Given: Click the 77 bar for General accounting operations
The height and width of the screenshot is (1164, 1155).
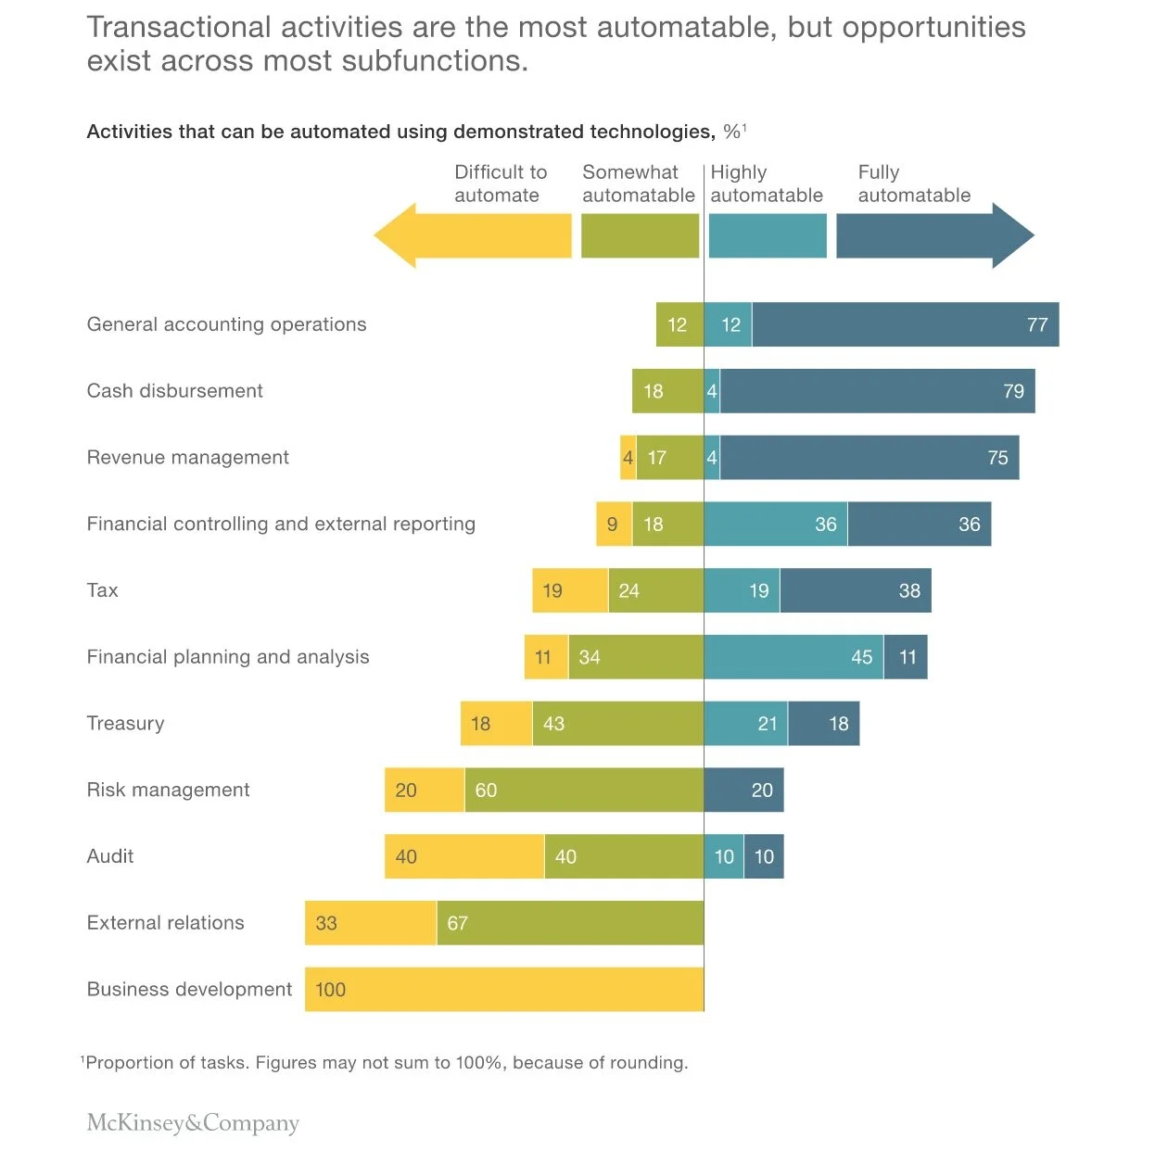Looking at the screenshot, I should coord(905,324).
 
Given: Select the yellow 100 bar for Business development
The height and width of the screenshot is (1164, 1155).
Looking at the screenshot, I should coord(504,989).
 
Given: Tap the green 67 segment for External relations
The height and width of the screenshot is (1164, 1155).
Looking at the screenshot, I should coord(570,923).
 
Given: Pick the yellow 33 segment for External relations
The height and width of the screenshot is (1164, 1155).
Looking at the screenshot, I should coord(371,923).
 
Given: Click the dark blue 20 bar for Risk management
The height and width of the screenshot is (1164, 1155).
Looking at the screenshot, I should coord(744,790).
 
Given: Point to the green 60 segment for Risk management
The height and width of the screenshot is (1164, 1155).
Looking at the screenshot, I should coord(584,790).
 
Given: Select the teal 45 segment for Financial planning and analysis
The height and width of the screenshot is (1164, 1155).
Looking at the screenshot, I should coord(793,657).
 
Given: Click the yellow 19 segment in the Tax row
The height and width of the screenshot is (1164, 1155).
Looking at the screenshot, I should coord(570,590).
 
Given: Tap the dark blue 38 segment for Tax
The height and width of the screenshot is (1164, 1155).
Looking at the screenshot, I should coord(856,590).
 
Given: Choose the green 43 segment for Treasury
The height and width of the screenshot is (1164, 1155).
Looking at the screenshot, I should coord(618,724).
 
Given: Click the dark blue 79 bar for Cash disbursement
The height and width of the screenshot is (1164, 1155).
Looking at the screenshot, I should coord(877,391).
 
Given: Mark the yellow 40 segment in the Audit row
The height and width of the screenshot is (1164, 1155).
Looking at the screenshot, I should coord(464,856).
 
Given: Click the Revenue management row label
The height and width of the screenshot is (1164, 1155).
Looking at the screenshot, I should coord(188,458).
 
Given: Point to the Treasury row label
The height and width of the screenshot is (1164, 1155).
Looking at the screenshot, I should coord(125,724).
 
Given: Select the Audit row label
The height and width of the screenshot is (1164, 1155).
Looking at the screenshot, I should coord(110,856).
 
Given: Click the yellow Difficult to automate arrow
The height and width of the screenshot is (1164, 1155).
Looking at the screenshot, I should coord(473,235).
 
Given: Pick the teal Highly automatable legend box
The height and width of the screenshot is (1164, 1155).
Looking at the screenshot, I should coord(768,235).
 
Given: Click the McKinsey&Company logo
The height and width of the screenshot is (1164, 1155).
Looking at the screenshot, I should coord(193,1123).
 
